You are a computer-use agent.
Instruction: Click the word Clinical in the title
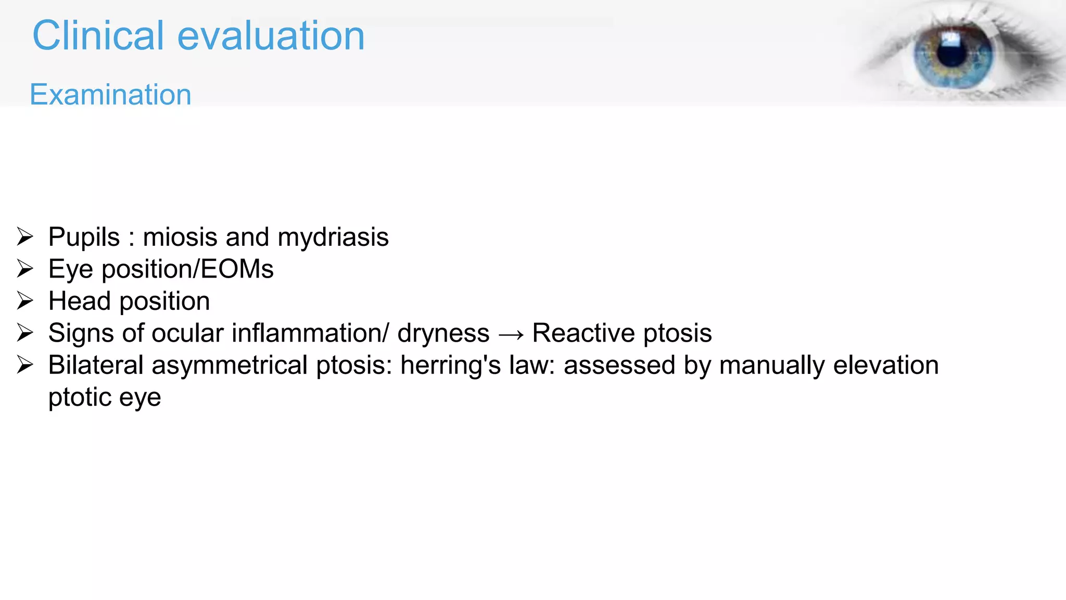pos(98,36)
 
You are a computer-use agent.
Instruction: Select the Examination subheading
pos(110,95)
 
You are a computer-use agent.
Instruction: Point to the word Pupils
pos(84,238)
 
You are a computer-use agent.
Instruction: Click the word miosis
pos(180,238)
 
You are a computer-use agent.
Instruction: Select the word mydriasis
pos(333,238)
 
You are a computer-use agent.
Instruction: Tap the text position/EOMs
pos(187,270)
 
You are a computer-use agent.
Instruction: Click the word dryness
pos(443,333)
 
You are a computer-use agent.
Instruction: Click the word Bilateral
pos(96,365)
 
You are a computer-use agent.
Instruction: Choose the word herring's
pos(450,365)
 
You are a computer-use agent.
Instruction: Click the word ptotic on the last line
pos(79,397)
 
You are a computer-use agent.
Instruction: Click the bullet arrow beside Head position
pos(25,301)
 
